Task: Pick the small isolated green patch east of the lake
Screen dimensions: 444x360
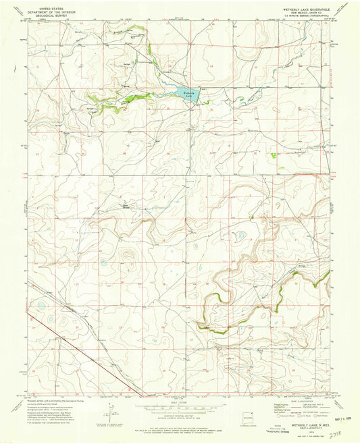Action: click(273, 155)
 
